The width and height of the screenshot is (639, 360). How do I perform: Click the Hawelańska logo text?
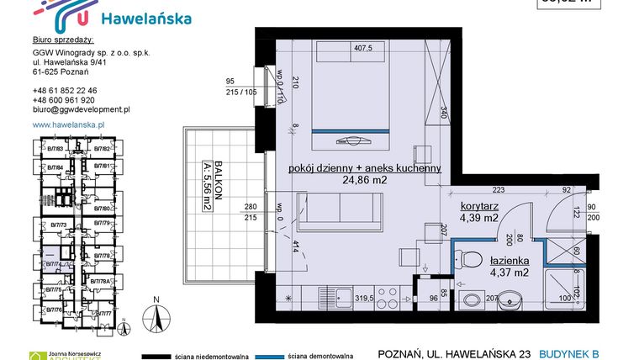(x=145, y=19)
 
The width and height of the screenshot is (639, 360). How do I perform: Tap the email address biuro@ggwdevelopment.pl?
(x=81, y=109)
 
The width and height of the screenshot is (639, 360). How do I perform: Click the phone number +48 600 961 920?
(x=64, y=99)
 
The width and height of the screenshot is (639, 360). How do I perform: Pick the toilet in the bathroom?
(x=471, y=260)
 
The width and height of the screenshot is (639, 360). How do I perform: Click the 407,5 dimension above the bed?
(x=362, y=48)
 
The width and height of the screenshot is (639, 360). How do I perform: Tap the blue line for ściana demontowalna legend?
(x=298, y=355)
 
